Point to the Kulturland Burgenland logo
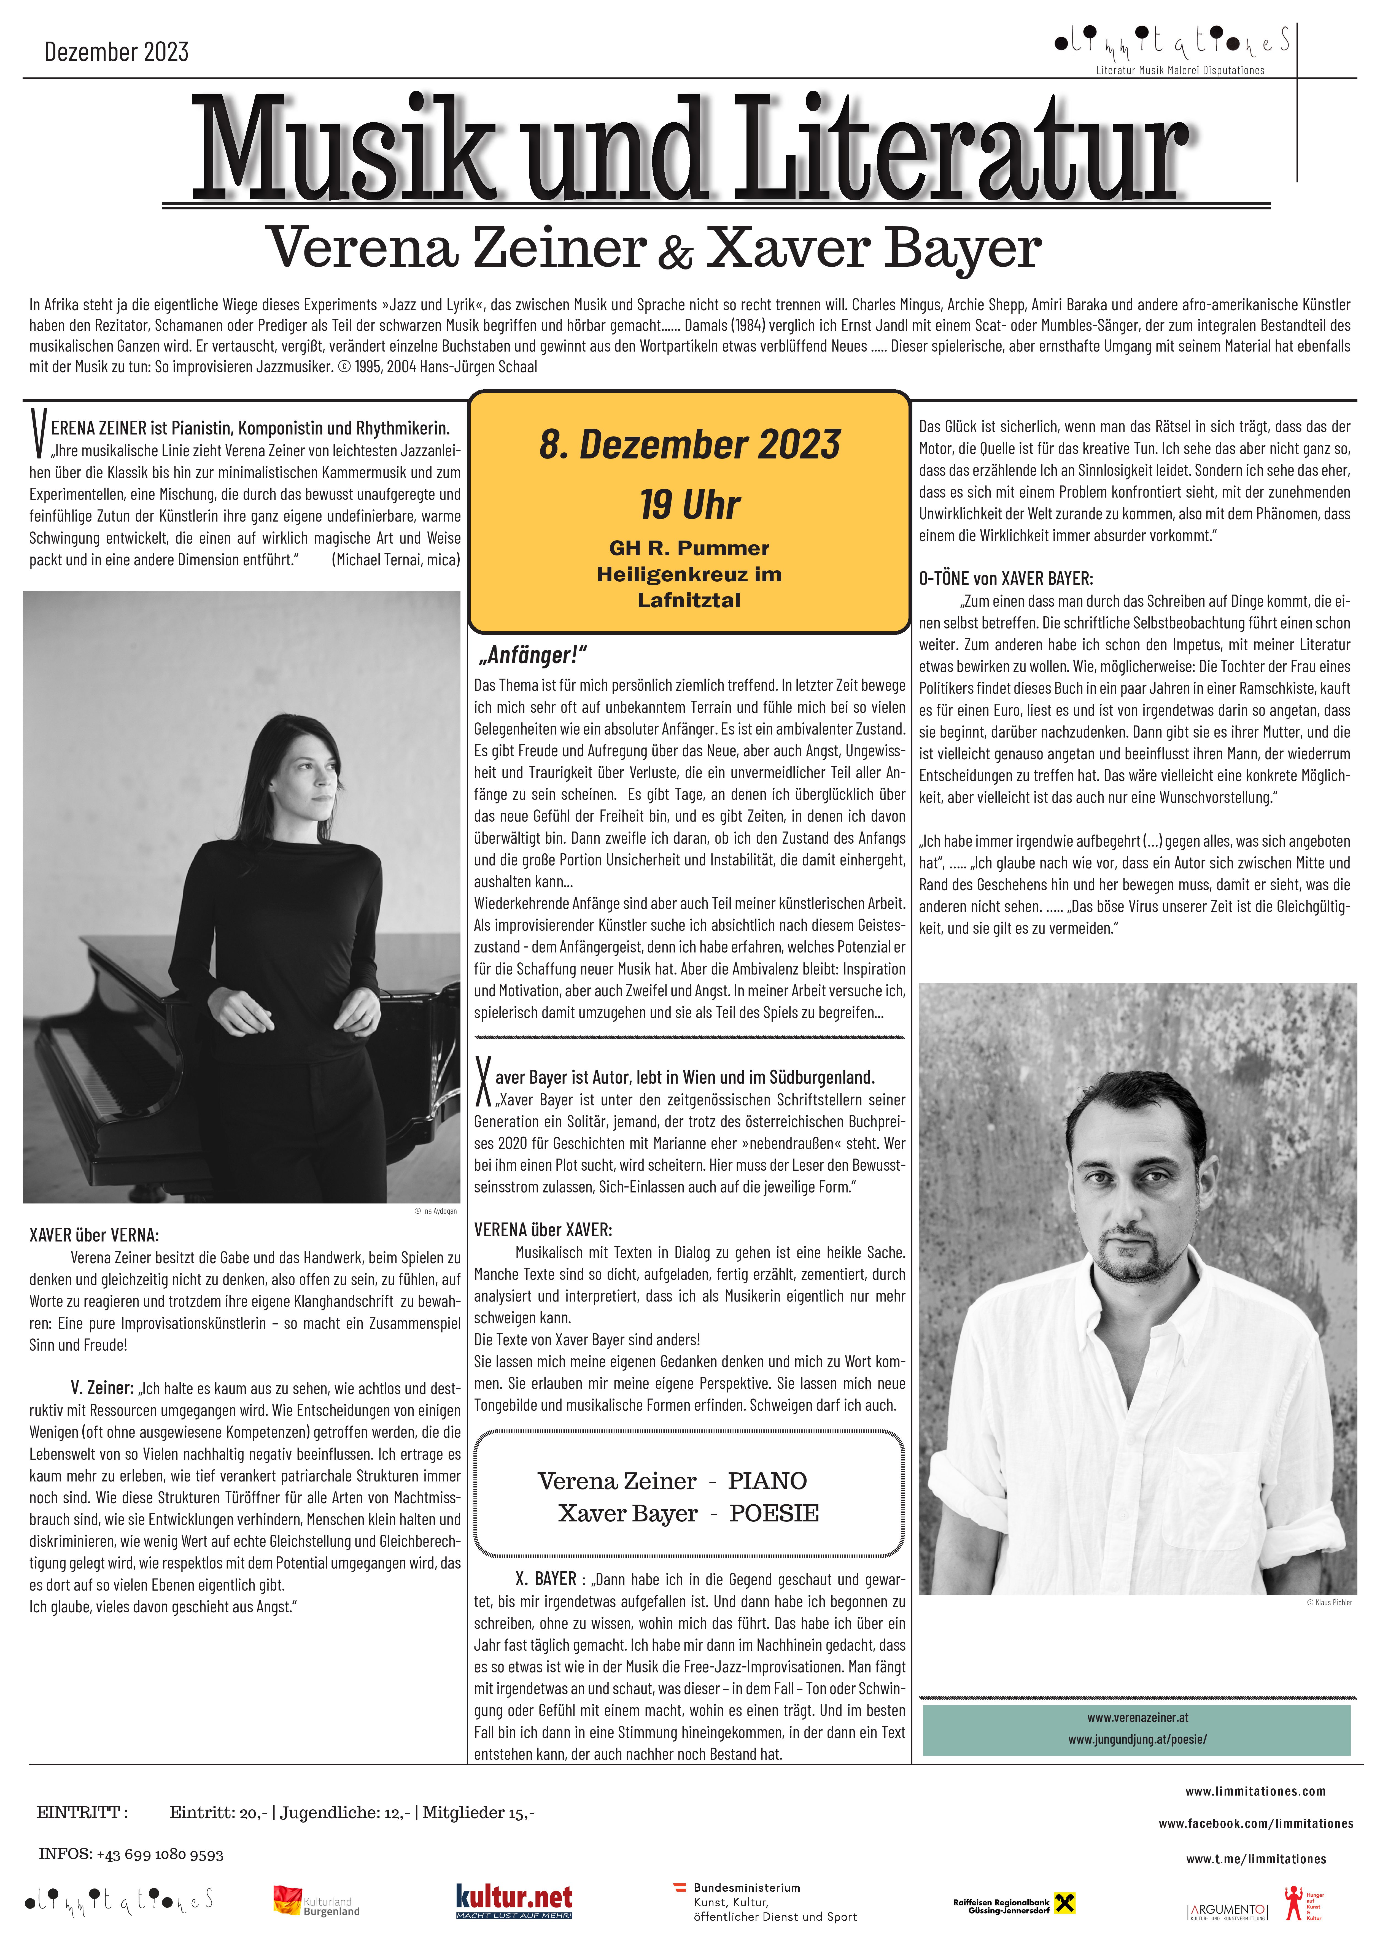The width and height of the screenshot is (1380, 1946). pos(316,1901)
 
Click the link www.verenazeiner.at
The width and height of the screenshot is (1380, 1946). pos(1137,1717)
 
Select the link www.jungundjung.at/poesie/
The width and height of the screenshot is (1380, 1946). pos(1137,1739)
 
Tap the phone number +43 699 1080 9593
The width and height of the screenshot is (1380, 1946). pos(160,1853)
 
